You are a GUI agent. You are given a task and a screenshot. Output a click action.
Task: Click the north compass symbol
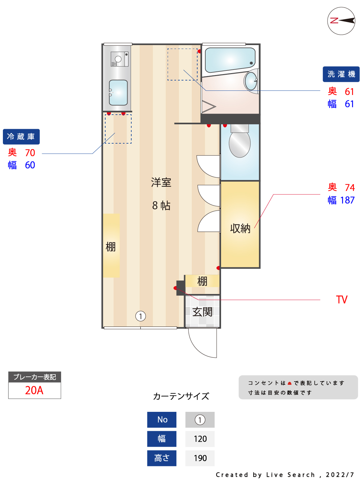(341, 21)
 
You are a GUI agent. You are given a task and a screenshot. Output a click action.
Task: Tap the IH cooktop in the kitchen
(119, 59)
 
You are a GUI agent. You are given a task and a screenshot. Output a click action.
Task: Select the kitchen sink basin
(118, 92)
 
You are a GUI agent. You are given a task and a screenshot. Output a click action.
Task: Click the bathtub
(230, 60)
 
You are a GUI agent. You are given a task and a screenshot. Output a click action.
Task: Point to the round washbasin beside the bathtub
(251, 80)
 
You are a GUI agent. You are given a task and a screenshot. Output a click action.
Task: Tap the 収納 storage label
(240, 228)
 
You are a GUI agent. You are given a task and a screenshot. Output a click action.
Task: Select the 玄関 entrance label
(202, 312)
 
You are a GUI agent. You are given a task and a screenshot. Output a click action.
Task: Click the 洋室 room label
(161, 183)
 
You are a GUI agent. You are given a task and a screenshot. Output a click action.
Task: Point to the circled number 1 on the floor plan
(141, 316)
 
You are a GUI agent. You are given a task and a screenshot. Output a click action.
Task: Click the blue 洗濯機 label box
(341, 74)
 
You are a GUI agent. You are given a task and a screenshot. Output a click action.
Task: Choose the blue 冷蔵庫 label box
(21, 137)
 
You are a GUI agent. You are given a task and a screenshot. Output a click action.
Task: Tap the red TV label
(342, 300)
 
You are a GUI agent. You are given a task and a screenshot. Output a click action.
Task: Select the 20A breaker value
(34, 390)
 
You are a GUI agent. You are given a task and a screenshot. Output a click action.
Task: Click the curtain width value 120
(200, 439)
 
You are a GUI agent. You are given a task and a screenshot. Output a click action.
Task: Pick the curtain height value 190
(200, 458)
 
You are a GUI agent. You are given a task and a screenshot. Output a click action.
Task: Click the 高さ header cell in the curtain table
(162, 458)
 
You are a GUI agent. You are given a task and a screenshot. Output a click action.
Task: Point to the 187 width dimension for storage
(348, 200)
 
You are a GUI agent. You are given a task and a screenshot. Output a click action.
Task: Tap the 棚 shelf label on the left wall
(111, 247)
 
